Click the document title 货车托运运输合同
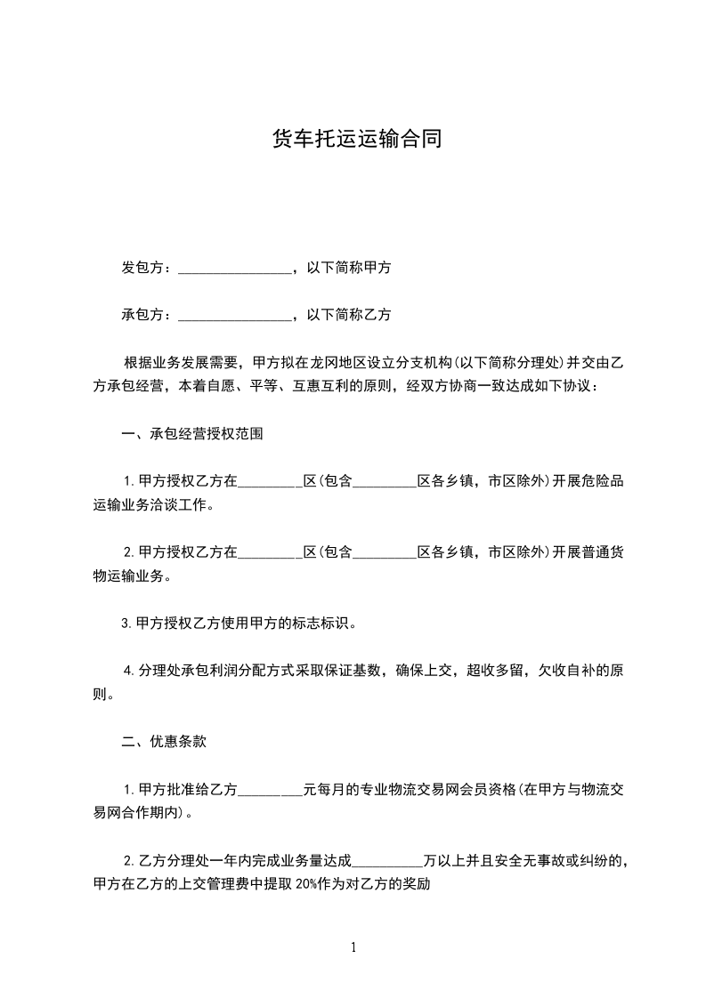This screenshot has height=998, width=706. [356, 140]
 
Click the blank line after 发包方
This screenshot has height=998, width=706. [235, 269]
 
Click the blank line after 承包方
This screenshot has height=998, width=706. [235, 315]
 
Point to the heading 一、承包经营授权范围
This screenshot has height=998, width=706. [191, 435]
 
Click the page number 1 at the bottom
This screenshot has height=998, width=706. [353, 947]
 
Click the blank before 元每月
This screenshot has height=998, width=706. [271, 789]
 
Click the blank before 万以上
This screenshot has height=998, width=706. [388, 860]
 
